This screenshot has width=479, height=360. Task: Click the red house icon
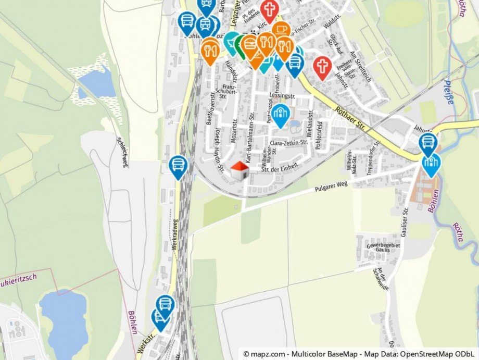pos(239,170)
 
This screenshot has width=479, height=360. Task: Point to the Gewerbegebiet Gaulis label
pos(383,247)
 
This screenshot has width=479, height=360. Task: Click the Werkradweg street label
pos(176,251)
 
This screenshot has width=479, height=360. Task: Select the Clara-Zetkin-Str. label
pos(289,142)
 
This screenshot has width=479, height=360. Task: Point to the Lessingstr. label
pos(283,96)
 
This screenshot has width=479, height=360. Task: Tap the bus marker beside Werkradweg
pos(179,166)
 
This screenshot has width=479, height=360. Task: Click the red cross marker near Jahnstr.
pos(322,67)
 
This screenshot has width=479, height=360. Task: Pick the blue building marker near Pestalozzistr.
pos(281,115)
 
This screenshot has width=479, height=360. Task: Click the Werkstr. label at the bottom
pos(147,344)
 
